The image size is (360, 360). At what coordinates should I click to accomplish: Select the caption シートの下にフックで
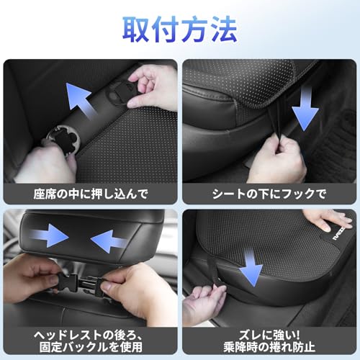[269, 193]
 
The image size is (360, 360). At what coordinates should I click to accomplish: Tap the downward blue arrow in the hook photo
[305, 106]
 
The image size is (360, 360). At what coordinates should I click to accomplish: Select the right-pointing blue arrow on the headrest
[50, 235]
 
